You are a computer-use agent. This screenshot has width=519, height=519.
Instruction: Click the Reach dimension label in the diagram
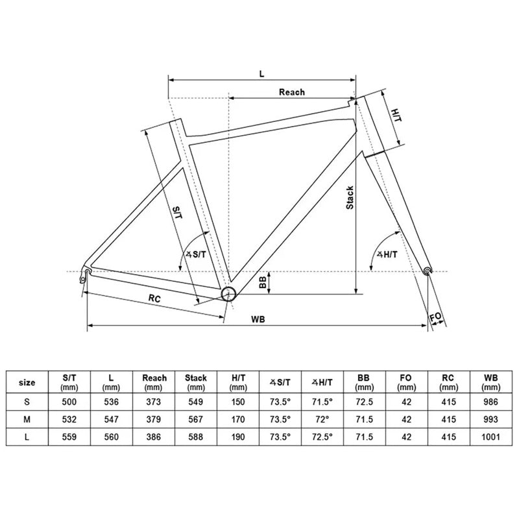pos(291,92)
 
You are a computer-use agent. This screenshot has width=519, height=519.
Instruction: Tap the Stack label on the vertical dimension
pos(349,197)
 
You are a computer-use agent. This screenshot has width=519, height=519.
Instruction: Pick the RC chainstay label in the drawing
pos(154,298)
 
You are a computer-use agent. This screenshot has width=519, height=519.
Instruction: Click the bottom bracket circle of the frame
pos(228,294)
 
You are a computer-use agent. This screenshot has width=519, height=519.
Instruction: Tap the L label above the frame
pos(261,73)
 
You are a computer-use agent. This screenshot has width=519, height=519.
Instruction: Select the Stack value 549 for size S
pos(195,402)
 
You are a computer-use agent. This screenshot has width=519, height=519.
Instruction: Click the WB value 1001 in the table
pos(491,437)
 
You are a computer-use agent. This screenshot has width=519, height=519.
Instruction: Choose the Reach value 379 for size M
pos(154,420)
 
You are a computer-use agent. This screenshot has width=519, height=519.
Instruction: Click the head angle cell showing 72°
pos(320,420)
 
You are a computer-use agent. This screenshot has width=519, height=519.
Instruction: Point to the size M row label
pos(27,420)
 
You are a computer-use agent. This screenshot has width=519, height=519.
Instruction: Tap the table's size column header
pos(27,382)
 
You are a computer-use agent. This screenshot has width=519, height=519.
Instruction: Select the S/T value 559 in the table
pos(69,437)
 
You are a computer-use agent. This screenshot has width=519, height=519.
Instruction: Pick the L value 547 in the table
pos(112,420)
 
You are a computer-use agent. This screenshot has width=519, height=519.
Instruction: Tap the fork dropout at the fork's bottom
pos(426,270)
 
